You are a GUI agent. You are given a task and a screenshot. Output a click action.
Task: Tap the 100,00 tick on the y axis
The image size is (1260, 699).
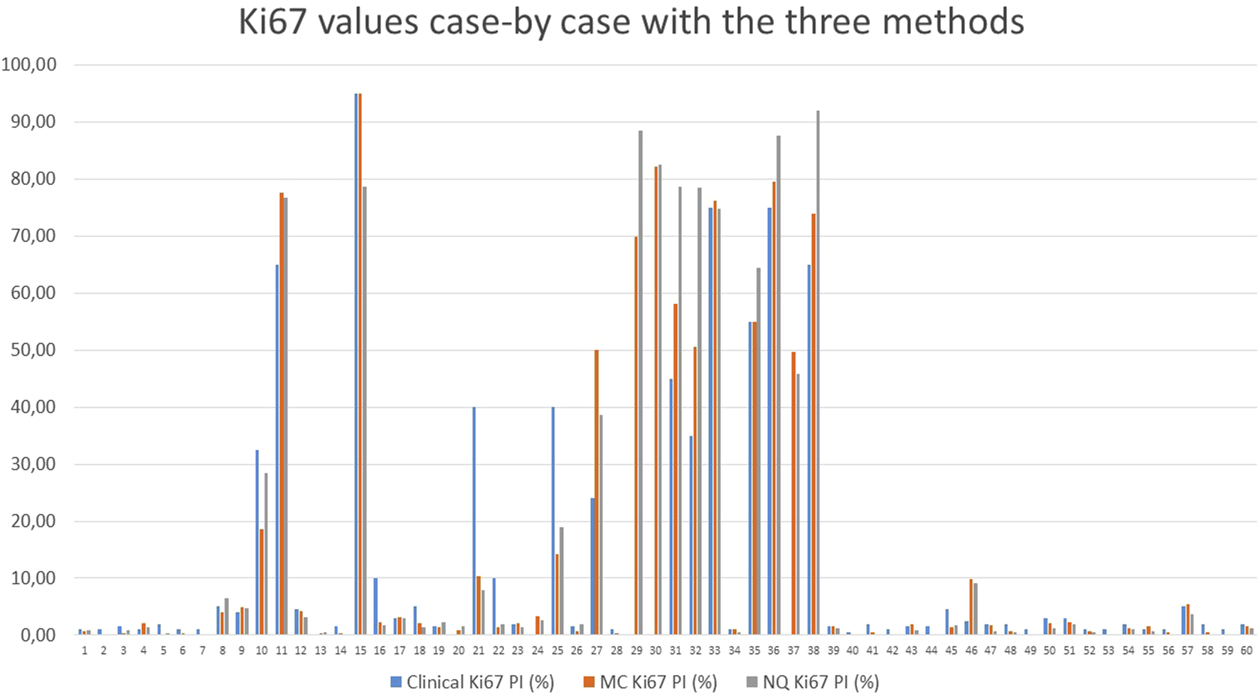click(x=30, y=65)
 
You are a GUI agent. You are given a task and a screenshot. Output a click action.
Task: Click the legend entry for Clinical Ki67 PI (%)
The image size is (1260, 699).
click(x=472, y=682)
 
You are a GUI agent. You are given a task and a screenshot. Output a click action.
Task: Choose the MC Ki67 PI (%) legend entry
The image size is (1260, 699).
click(x=650, y=682)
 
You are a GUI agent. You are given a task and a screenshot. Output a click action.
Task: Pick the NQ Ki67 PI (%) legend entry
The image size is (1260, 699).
click(x=813, y=682)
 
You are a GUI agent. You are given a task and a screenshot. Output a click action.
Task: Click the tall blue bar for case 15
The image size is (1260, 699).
click(x=356, y=363)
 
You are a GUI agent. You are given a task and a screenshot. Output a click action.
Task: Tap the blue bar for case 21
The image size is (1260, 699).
click(x=474, y=520)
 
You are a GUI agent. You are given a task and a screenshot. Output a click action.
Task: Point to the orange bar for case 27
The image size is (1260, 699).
click(x=597, y=492)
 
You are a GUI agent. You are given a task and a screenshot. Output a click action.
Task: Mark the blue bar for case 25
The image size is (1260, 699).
click(x=553, y=520)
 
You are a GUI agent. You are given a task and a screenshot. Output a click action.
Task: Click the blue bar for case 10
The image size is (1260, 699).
click(x=257, y=542)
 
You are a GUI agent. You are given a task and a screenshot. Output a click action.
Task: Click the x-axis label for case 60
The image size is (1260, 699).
click(x=1246, y=651)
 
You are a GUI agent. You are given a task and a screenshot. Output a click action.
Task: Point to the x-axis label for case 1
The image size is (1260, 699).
click(x=85, y=651)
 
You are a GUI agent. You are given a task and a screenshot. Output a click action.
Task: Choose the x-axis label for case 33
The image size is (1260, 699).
click(x=715, y=651)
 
